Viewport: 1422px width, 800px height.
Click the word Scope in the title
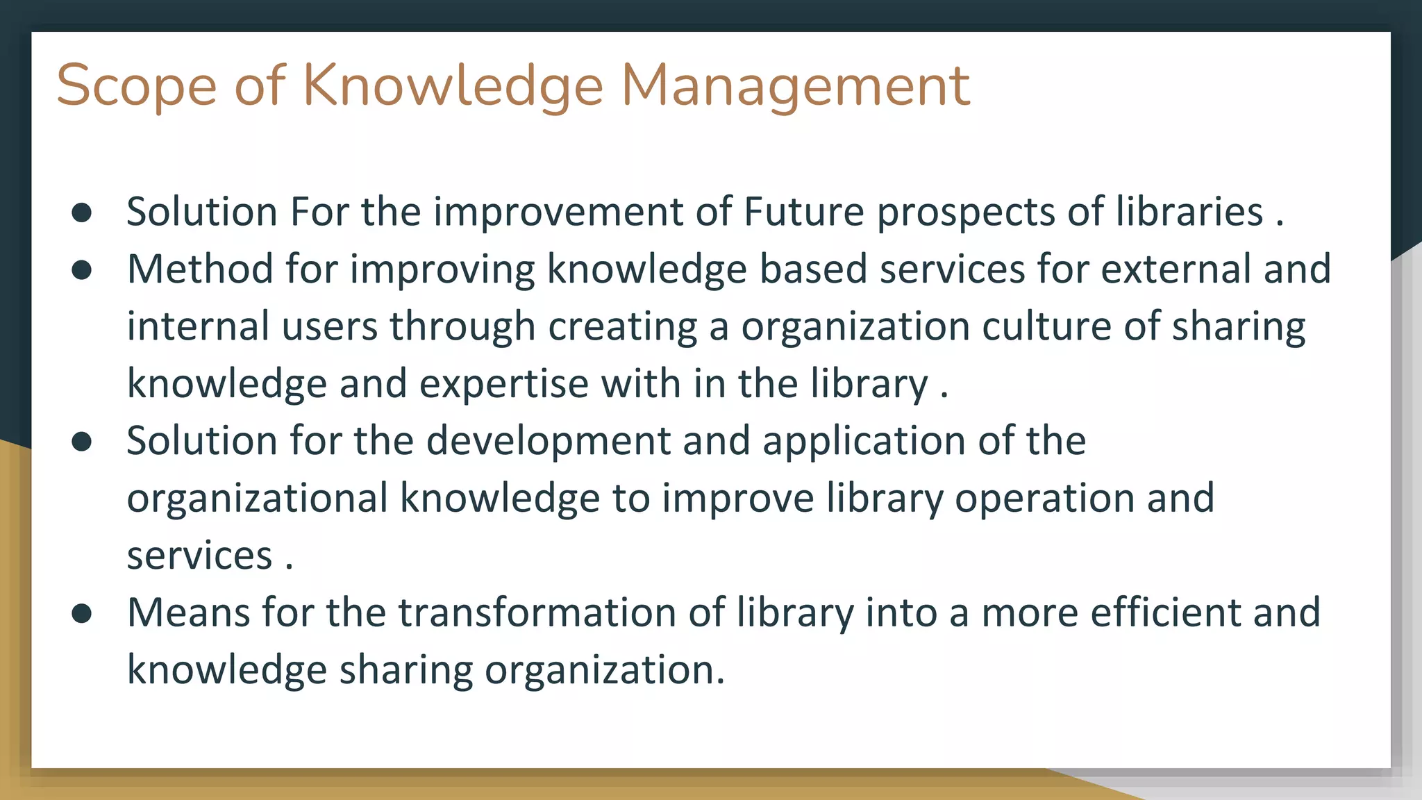tap(136, 86)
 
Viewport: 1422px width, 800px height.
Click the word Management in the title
tap(795, 86)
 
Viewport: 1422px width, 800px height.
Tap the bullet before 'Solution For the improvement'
tap(82, 213)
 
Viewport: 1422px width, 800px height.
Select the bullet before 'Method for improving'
tap(82, 270)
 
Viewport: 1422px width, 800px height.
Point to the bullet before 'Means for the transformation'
tap(82, 614)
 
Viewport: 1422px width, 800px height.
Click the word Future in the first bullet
tap(803, 212)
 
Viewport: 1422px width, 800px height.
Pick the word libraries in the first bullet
tap(1189, 212)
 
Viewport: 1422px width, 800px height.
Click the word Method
tap(200, 269)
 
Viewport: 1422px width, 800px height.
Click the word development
tap(549, 442)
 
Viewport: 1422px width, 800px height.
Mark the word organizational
tap(257, 499)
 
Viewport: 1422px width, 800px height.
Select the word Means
tap(188, 613)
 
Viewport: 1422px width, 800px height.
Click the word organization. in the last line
tap(604, 671)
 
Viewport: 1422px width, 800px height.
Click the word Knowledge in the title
tap(453, 86)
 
